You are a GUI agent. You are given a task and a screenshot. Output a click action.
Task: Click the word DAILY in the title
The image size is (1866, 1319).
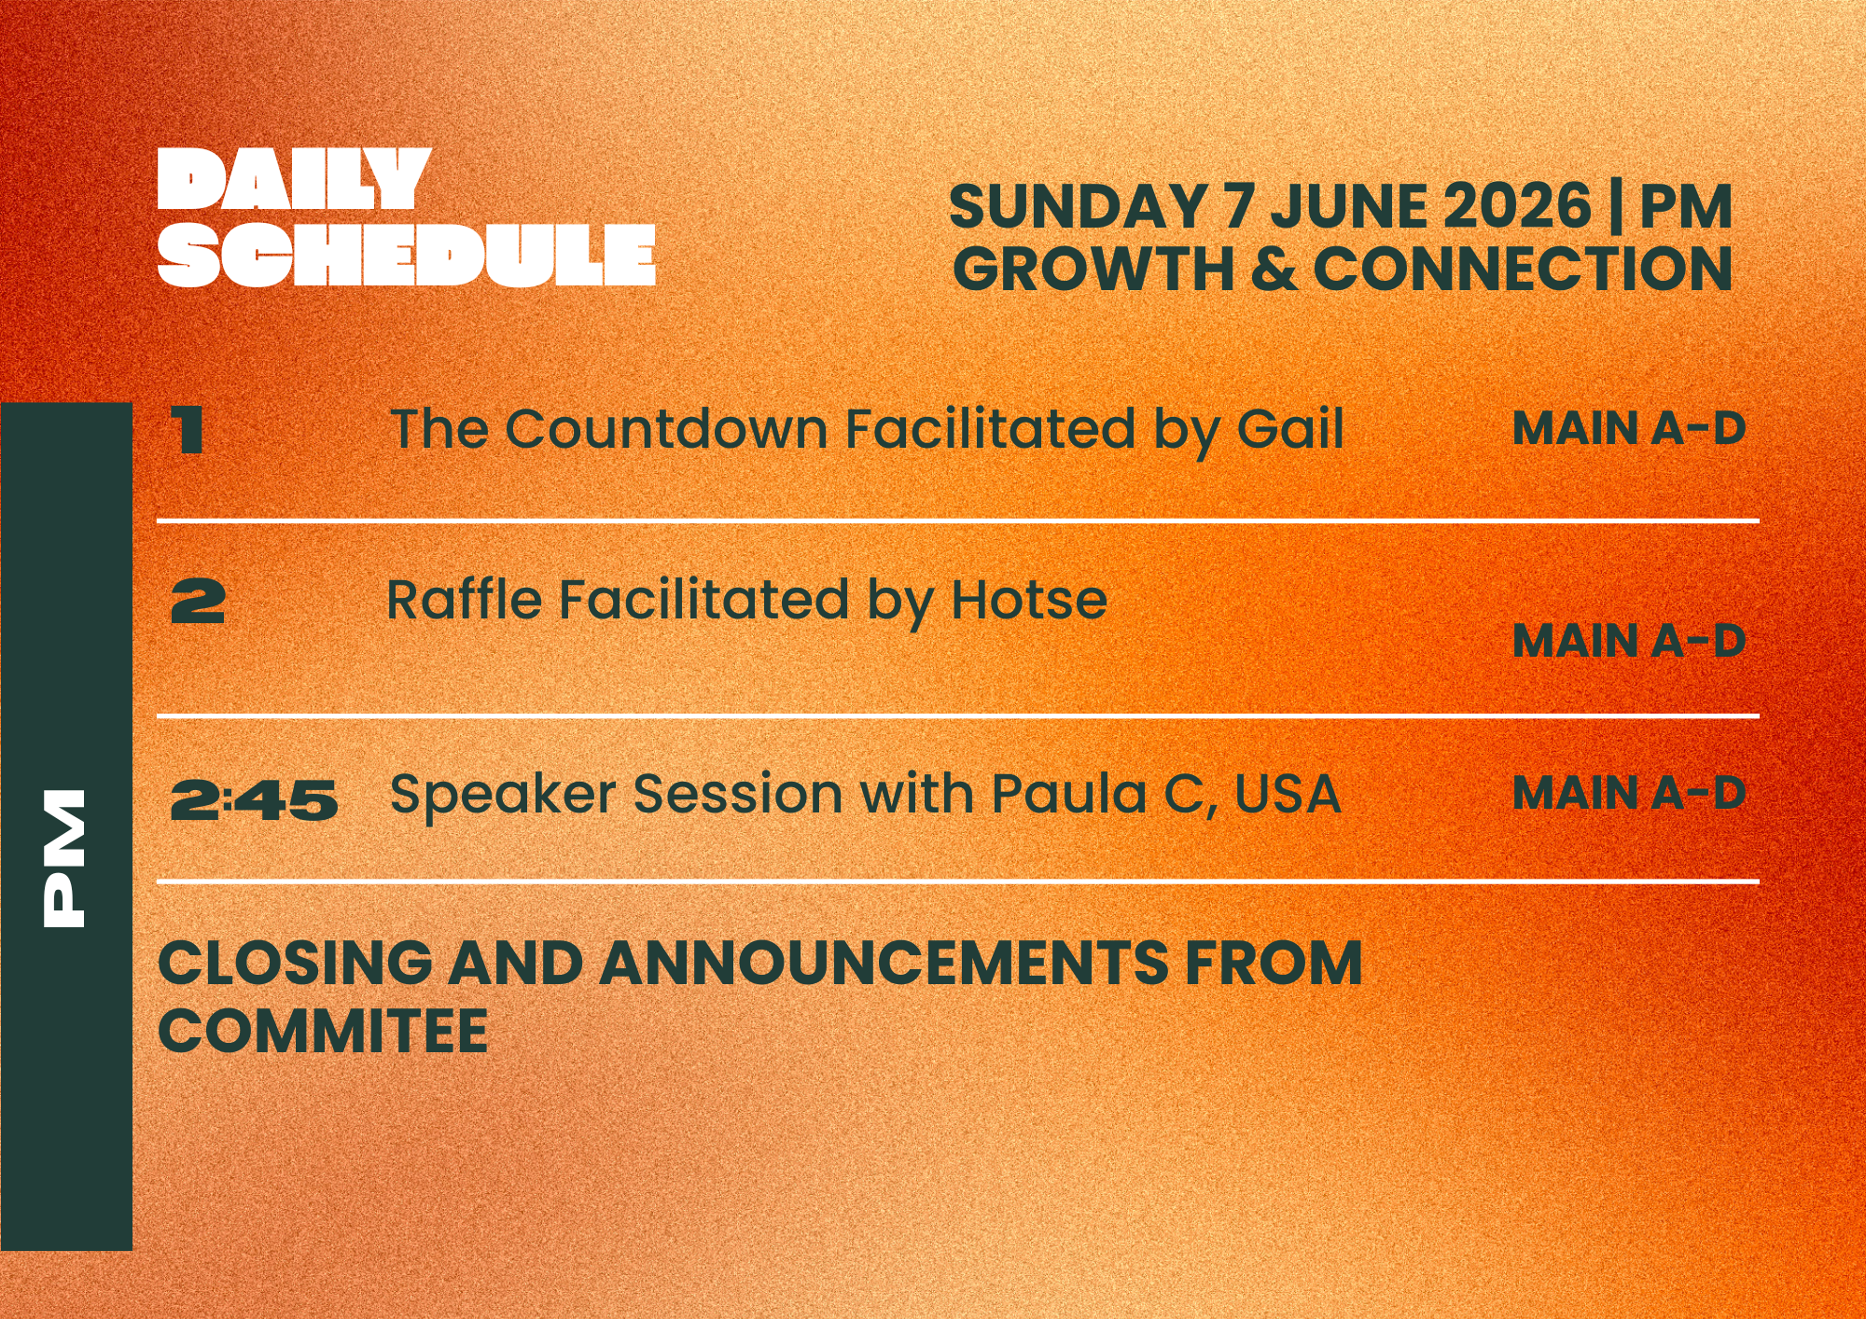[x=293, y=179]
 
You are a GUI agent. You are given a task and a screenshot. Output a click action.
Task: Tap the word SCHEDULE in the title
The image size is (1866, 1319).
[x=407, y=255]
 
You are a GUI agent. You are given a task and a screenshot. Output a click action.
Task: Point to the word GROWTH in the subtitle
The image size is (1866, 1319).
[x=1093, y=270]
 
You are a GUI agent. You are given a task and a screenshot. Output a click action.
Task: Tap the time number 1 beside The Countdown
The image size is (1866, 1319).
[x=188, y=430]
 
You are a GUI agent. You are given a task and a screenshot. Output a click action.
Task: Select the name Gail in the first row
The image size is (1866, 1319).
[x=1290, y=429]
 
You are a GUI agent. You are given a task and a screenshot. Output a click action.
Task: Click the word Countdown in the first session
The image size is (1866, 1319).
[x=667, y=429]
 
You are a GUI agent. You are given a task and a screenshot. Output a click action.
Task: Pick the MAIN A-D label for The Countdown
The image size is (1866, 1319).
[x=1628, y=429]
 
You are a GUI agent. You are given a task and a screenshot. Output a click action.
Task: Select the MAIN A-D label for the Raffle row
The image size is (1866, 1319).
[x=1628, y=641]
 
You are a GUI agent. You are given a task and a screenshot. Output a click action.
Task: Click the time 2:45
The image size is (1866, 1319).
[x=254, y=800]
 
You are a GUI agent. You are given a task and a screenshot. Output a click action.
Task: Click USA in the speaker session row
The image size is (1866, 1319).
[x=1288, y=794]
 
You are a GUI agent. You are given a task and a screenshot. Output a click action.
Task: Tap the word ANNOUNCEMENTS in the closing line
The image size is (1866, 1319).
[x=884, y=963]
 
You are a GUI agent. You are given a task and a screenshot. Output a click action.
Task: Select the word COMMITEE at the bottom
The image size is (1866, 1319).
[x=323, y=1032]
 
